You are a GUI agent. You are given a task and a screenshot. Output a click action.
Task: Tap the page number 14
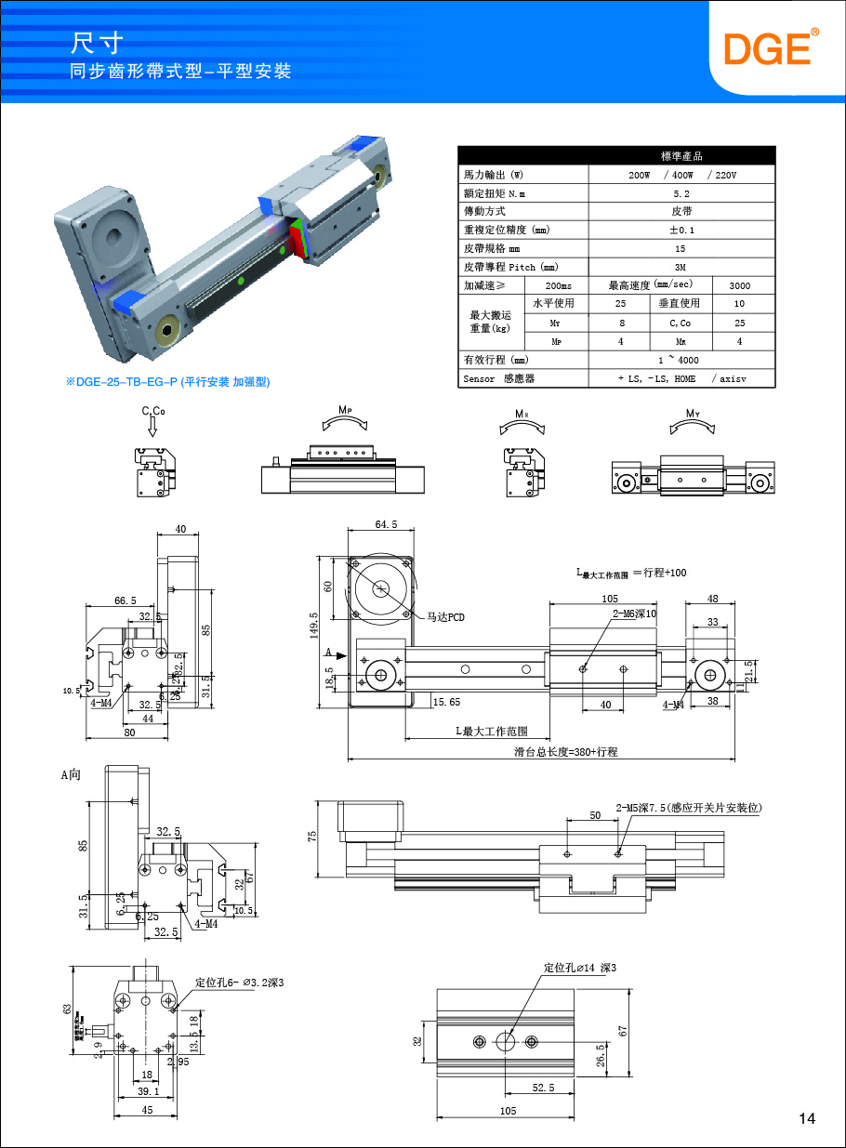(x=807, y=1118)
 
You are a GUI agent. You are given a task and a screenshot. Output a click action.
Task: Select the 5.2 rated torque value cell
(x=681, y=193)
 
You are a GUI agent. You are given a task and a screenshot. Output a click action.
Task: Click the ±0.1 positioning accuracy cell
(x=681, y=230)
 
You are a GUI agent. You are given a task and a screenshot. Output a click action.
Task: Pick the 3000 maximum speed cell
(x=739, y=285)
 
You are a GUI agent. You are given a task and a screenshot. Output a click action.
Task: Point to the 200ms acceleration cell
(x=558, y=285)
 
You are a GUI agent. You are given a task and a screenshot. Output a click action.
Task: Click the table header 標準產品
(x=681, y=156)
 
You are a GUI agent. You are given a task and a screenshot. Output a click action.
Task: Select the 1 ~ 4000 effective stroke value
(x=681, y=360)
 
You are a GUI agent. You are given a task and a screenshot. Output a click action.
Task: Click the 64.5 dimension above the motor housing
(x=386, y=525)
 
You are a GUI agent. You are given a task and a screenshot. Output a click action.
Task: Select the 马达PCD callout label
(x=445, y=616)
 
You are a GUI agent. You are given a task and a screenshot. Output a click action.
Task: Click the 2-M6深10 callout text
(x=634, y=614)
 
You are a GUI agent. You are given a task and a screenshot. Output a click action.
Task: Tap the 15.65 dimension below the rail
(x=446, y=702)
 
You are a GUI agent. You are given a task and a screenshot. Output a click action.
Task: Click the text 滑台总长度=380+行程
(x=566, y=751)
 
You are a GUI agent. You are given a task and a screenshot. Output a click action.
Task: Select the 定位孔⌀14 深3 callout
(x=579, y=968)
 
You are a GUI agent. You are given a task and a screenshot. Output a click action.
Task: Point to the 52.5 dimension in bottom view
(x=544, y=1088)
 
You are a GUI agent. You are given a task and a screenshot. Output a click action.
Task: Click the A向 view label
(x=72, y=773)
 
